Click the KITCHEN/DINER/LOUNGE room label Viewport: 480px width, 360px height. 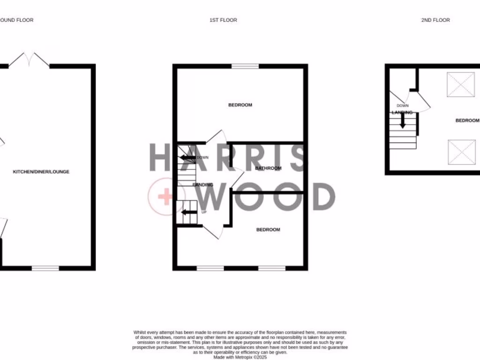[41, 172]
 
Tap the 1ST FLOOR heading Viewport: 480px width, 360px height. [223, 20]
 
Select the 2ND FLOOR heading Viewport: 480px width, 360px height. [435, 20]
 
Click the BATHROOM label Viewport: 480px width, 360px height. [268, 168]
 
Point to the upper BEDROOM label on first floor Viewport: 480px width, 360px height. [240, 105]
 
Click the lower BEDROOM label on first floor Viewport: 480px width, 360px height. [268, 230]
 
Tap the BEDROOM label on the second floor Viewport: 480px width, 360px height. [467, 120]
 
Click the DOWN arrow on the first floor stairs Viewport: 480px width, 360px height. [187, 157]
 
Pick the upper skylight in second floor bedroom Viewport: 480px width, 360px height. [460, 85]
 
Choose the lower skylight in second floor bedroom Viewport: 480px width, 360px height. [460, 152]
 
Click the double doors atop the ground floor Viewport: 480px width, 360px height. [29, 60]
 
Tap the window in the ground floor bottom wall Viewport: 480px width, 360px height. [45, 268]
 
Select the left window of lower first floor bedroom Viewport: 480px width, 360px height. [210, 268]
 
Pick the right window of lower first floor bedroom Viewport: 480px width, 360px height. [272, 268]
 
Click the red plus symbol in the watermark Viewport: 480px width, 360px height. [165, 197]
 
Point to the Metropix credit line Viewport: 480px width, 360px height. [240, 357]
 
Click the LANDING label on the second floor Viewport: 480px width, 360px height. [402, 112]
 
